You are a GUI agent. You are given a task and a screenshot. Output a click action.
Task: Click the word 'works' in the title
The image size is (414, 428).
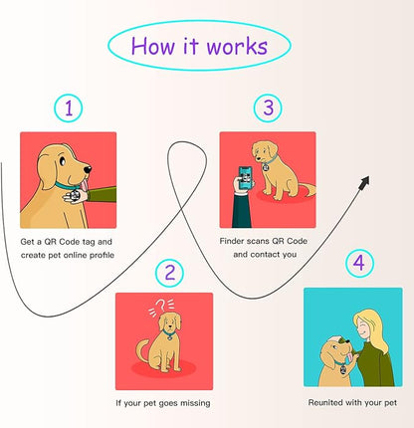[238, 46]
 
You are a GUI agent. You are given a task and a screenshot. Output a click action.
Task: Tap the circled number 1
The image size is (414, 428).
[69, 108]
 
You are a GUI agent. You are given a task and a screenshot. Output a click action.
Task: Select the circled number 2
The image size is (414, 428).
[169, 273]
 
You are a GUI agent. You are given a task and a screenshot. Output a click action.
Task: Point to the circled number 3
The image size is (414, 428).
[268, 107]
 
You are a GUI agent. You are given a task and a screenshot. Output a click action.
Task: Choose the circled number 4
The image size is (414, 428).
[359, 264]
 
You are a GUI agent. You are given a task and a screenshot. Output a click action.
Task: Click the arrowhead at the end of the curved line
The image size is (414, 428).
[364, 182]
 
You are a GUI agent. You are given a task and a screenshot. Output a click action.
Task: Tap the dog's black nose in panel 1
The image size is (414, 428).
[88, 169]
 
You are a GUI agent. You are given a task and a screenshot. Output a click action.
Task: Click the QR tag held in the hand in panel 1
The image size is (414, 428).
[76, 195]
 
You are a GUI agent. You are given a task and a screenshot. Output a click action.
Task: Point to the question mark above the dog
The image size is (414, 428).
[160, 305]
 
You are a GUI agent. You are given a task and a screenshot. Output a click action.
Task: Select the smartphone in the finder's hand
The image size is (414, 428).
[246, 177]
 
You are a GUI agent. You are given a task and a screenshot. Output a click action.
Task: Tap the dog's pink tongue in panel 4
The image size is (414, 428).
[350, 357]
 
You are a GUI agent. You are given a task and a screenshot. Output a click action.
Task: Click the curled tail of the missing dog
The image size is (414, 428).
[143, 350]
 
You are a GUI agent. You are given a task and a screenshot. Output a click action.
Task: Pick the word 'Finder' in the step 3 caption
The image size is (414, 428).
[232, 241]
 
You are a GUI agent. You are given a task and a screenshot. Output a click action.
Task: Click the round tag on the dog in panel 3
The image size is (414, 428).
[266, 167]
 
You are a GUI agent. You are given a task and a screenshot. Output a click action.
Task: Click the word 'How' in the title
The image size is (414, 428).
[152, 46]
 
